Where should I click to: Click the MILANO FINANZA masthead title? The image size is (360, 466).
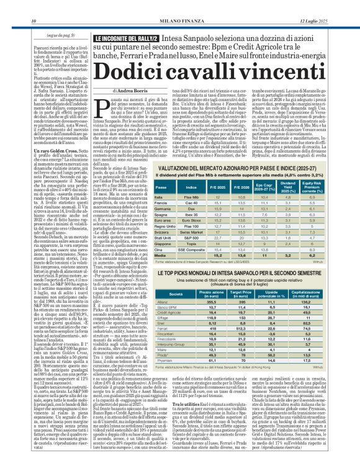coord(180,6)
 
